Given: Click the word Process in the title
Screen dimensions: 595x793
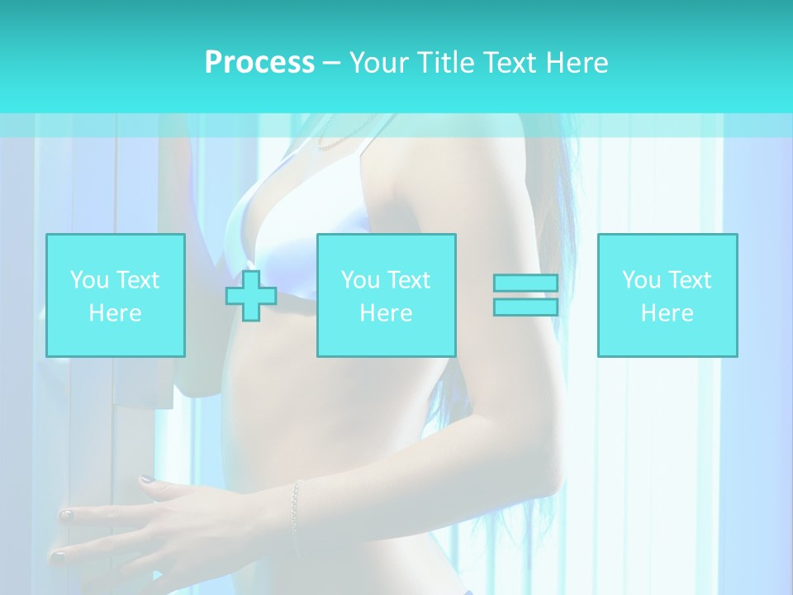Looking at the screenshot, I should click(x=259, y=63).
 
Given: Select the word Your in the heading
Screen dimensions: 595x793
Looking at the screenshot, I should click(x=379, y=63).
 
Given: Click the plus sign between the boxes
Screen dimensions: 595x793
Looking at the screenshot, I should click(x=251, y=296).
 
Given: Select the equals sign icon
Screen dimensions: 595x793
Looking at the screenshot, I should click(x=525, y=295).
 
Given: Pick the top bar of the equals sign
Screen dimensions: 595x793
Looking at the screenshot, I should click(x=525, y=283).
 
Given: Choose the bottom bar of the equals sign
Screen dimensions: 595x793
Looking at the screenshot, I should click(x=525, y=307).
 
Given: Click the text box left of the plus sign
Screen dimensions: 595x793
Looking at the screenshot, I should click(x=116, y=295).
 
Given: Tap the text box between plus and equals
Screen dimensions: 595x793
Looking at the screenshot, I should click(x=386, y=295).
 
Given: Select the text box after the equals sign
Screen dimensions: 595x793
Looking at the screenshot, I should click(x=667, y=295).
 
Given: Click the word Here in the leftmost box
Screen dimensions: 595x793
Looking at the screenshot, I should click(x=115, y=313).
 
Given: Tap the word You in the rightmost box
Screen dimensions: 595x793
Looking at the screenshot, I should click(x=642, y=280).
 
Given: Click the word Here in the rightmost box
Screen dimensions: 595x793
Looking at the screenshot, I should click(x=667, y=313).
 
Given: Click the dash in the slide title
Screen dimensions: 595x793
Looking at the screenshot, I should click(x=331, y=63).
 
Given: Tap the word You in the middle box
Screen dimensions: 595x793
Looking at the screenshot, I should click(x=361, y=280).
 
